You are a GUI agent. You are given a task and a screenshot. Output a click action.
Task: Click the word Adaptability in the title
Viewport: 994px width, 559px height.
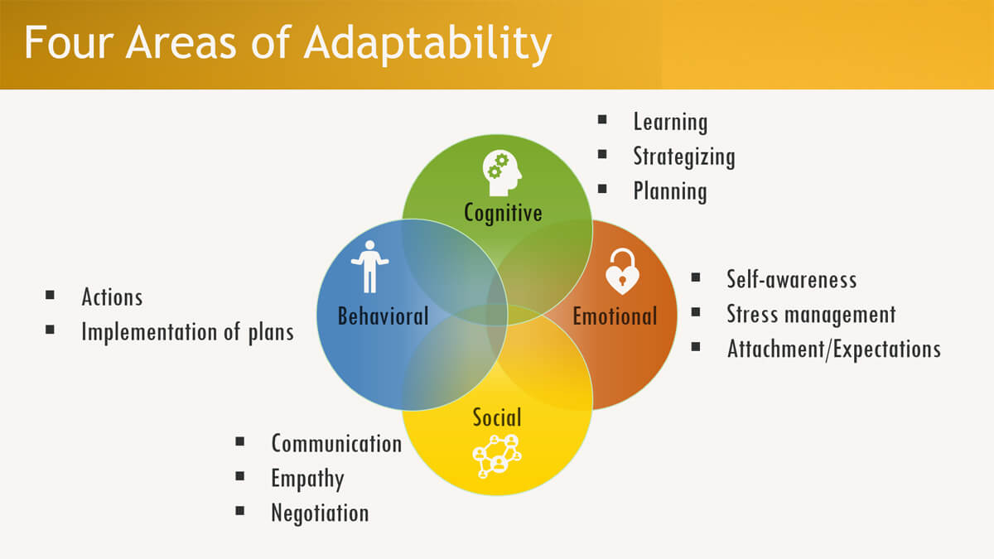click(x=427, y=44)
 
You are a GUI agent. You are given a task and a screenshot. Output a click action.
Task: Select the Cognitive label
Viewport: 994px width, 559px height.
click(x=503, y=213)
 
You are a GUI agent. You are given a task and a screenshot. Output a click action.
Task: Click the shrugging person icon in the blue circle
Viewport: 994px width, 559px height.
click(x=369, y=266)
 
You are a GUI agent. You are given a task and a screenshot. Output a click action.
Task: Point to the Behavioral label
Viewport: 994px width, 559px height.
click(x=383, y=316)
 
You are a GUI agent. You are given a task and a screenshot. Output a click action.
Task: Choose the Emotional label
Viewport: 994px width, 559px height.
click(x=615, y=316)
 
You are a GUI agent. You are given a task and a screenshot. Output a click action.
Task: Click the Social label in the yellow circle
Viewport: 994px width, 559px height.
click(x=497, y=417)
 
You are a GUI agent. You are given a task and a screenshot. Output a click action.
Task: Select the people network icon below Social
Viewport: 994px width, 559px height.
click(x=497, y=455)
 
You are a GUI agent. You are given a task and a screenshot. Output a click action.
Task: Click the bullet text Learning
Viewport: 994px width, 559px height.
click(x=670, y=122)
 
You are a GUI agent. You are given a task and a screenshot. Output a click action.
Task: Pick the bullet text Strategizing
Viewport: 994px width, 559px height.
click(x=683, y=157)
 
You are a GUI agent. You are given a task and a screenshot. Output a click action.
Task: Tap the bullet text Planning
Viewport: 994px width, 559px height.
click(x=670, y=191)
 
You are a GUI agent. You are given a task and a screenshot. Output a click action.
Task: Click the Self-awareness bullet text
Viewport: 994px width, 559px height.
click(x=791, y=279)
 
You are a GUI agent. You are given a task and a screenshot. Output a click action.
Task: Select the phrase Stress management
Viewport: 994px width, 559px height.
click(x=811, y=314)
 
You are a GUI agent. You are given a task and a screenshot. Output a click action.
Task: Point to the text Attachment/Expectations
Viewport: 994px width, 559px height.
click(x=833, y=349)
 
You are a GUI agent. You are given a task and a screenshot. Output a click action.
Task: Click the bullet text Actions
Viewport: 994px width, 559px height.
click(x=112, y=297)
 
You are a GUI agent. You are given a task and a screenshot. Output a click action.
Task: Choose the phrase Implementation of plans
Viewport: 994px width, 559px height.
click(x=187, y=332)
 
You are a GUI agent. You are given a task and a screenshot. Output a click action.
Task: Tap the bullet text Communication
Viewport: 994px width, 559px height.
click(x=336, y=443)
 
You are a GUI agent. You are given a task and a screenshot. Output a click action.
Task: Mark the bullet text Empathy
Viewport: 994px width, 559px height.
click(x=307, y=478)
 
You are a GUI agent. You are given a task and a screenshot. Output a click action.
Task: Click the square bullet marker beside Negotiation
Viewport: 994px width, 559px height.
click(x=240, y=511)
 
